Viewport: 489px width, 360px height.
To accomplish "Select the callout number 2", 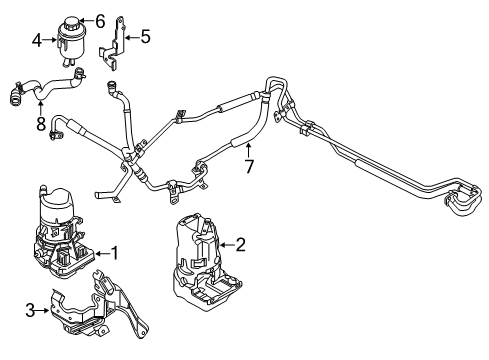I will point(239,243).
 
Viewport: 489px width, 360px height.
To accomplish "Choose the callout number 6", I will point(99,19).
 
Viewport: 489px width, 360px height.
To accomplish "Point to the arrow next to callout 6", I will point(87,19).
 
